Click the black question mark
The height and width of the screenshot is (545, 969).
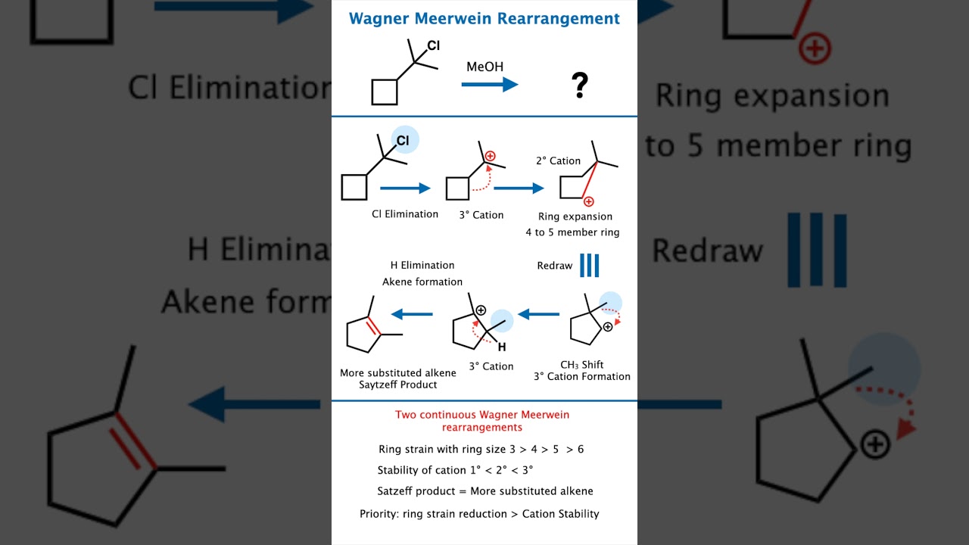pyautogui.click(x=580, y=86)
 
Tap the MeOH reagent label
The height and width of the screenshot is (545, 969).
pyautogui.click(x=484, y=67)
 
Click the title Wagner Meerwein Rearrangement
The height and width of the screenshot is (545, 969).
pyautogui.click(x=484, y=19)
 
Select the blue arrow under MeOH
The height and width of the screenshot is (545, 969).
pyautogui.click(x=489, y=85)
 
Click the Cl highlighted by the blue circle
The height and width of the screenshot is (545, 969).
pyautogui.click(x=404, y=141)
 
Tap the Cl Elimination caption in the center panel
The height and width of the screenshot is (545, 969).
pyautogui.click(x=405, y=214)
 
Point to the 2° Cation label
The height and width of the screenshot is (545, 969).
pyautogui.click(x=558, y=160)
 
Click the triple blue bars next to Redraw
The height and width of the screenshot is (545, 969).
pyautogui.click(x=589, y=266)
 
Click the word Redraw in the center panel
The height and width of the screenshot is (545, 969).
pyautogui.click(x=555, y=266)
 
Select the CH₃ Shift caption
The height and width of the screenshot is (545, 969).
pyautogui.click(x=581, y=365)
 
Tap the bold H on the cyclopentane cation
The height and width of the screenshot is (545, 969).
pyautogui.click(x=501, y=347)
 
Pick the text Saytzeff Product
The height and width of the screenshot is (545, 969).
pyautogui.click(x=398, y=385)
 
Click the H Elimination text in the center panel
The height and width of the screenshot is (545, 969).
pyautogui.click(x=422, y=265)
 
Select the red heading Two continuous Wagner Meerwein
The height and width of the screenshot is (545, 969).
pyautogui.click(x=482, y=415)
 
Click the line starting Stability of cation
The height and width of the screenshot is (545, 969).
pyautogui.click(x=455, y=470)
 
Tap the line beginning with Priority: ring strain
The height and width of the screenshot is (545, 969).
pyautogui.click(x=479, y=514)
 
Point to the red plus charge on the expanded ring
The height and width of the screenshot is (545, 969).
pyautogui.click(x=588, y=201)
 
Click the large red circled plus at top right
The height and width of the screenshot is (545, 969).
pyautogui.click(x=815, y=50)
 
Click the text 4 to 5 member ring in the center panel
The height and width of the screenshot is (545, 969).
pyautogui.click(x=572, y=232)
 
